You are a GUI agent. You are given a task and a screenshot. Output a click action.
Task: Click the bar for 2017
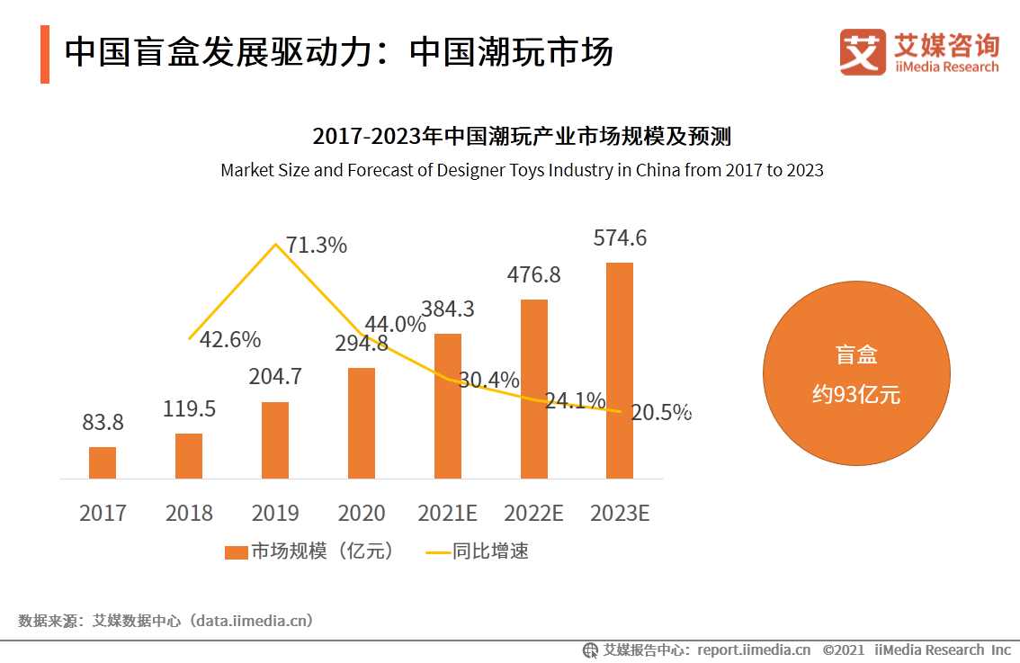pos(103,462)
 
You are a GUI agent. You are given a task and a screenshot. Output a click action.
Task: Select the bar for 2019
pos(275,440)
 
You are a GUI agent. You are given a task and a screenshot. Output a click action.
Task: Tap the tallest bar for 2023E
pos(620,370)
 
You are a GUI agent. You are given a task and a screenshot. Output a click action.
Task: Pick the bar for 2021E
pos(448,406)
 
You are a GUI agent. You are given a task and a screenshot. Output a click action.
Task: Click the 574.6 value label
pos(620,238)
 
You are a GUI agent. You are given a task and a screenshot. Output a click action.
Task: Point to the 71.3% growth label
pos(316,245)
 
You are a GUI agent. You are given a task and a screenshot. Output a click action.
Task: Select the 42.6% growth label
pos(229,340)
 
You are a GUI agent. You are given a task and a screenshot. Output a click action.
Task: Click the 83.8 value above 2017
pos(102,422)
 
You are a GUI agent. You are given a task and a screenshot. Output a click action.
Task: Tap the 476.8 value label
pos(533,274)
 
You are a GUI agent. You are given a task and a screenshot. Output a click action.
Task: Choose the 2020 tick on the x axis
pos(362,514)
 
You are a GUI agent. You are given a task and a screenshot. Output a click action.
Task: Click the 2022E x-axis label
pos(533,514)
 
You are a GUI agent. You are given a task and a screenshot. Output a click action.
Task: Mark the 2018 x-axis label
pos(189,514)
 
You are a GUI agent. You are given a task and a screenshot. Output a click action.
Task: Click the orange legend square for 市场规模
pos(236,552)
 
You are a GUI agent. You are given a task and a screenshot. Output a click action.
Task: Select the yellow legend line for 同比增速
pos(437,552)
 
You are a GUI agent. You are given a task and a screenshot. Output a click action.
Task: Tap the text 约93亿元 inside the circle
pos(856,394)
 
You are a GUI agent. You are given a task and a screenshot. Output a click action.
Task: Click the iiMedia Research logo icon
pos(863,52)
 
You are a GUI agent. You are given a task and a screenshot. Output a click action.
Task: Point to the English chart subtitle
pos(522,170)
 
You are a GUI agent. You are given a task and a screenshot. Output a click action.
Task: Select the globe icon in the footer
pos(591,650)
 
